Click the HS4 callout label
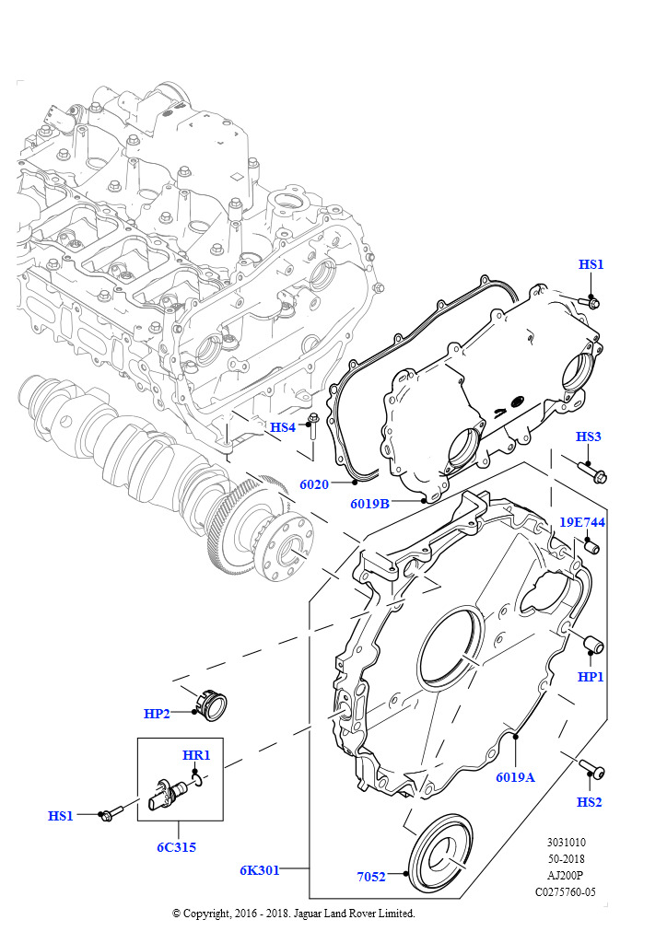point(282,427)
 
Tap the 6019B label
point(369,504)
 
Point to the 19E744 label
point(582,522)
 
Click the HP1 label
point(591,677)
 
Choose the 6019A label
point(515,776)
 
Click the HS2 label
point(590,801)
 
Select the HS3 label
point(589,436)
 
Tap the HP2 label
point(158,713)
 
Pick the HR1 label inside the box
point(196,755)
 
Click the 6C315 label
point(175,847)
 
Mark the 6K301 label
point(261,868)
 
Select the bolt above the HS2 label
point(591,767)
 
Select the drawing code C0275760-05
point(565,891)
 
